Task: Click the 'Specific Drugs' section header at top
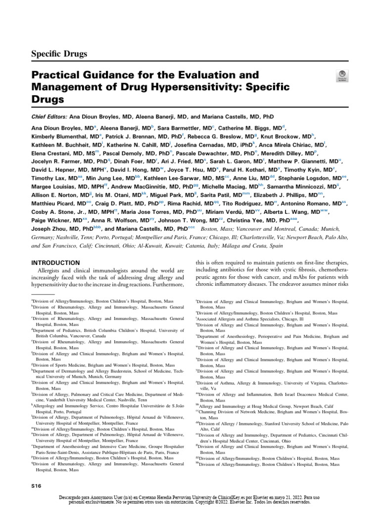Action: point(59,53)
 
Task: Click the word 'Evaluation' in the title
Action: point(200,76)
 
